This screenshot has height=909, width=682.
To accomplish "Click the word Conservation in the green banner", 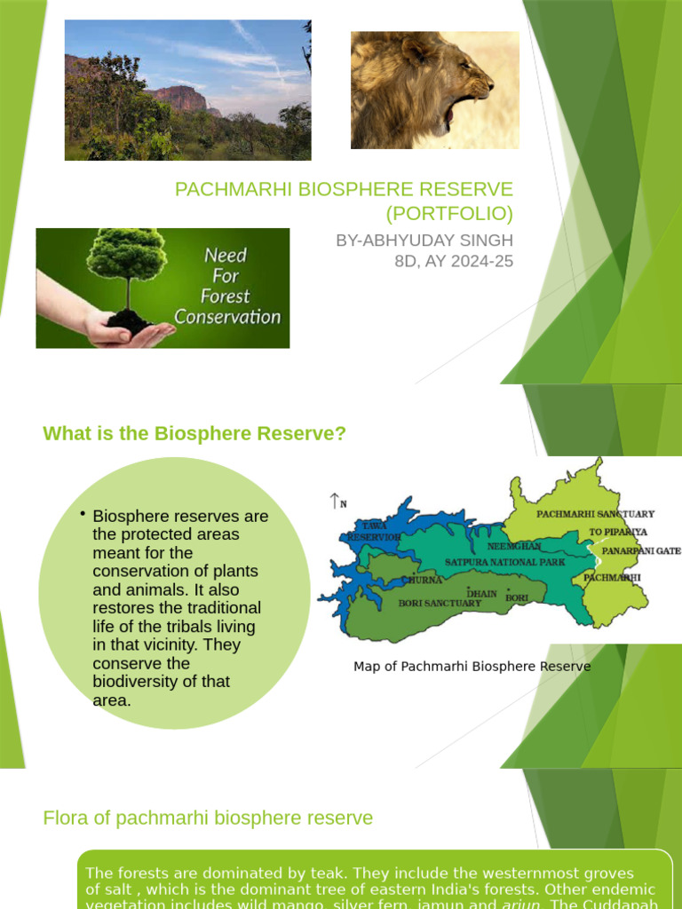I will click(x=227, y=317).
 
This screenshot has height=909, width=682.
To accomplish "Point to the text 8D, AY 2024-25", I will click(x=454, y=261).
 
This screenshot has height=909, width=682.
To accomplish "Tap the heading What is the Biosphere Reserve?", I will click(x=194, y=433).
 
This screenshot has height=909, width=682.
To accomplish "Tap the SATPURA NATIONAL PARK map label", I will click(x=504, y=562).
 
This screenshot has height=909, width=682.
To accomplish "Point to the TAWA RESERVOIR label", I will click(x=372, y=532).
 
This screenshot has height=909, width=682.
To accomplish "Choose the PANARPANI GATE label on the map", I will click(x=641, y=550).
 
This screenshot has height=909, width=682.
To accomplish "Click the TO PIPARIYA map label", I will click(x=618, y=533).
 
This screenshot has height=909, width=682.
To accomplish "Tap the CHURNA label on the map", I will click(x=421, y=580).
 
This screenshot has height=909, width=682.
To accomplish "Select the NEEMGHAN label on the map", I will click(x=512, y=546).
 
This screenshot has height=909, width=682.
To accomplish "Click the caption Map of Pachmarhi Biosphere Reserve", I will click(x=472, y=666).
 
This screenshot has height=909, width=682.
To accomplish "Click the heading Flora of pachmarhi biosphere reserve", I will click(x=208, y=818).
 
